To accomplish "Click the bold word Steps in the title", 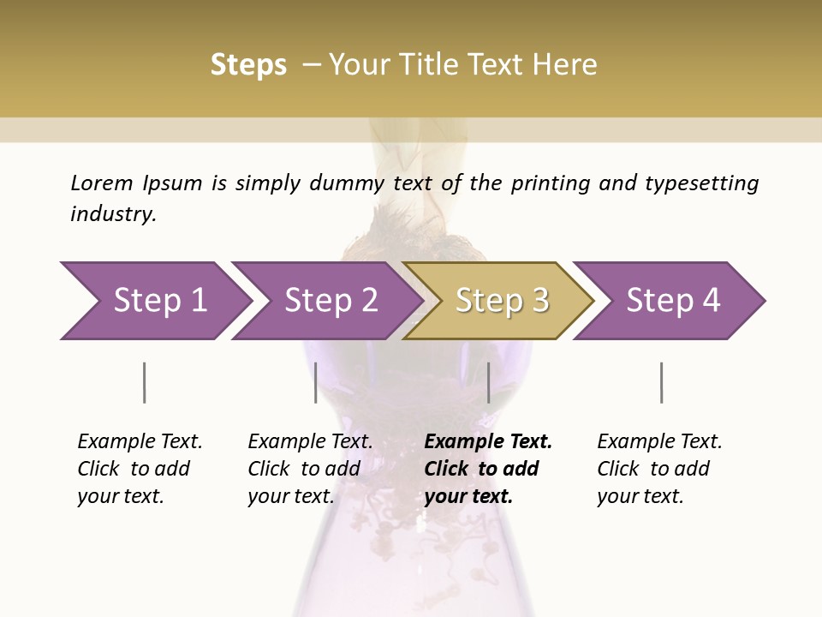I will pos(248,65).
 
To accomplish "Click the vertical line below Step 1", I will pos(145,382).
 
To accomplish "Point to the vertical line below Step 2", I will pos(316,382).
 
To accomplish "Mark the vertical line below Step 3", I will pos(488,382).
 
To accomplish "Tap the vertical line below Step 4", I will pos(661,382).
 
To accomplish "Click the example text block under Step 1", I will pos(140,469).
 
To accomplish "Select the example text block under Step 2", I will pos(310,469).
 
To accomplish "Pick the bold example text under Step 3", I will pos(488,469).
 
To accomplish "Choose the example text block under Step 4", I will pos(659,469).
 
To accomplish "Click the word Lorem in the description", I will pos(101,183).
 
